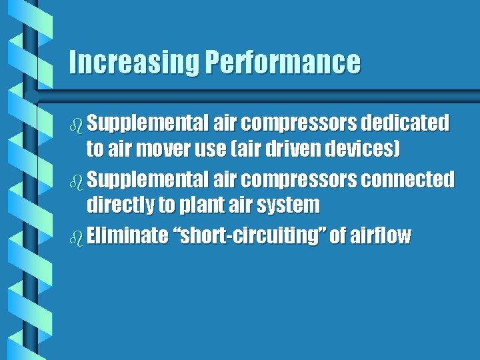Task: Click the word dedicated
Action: click(405, 123)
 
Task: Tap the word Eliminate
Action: click(127, 235)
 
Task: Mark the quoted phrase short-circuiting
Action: click(249, 235)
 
